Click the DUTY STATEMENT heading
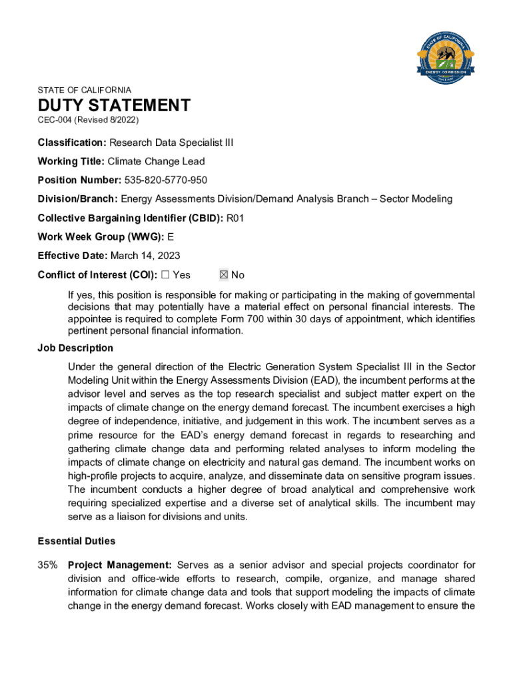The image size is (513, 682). click(x=114, y=105)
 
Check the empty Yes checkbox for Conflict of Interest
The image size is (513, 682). click(x=166, y=275)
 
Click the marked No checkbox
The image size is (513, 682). click(x=224, y=275)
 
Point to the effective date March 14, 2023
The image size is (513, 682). click(x=145, y=256)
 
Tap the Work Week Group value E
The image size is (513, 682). click(x=171, y=237)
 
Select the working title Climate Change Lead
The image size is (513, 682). click(x=157, y=161)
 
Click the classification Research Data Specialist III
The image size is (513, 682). click(x=171, y=143)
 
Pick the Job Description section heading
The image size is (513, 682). click(x=75, y=348)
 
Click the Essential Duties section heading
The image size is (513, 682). click(x=77, y=541)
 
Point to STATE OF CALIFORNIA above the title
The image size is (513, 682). click(x=85, y=90)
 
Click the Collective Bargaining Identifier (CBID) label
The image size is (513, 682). click(x=131, y=218)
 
